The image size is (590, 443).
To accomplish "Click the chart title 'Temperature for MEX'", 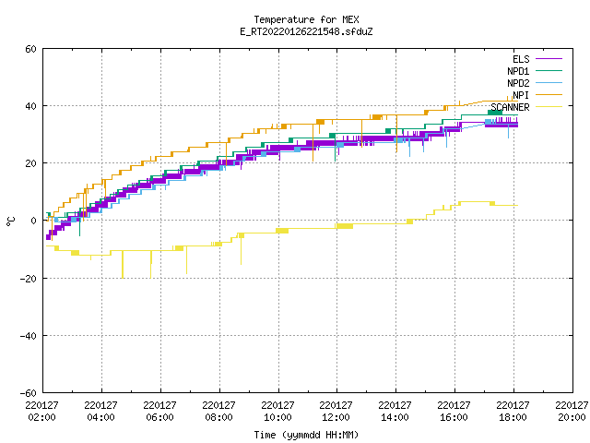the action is click(x=306, y=19).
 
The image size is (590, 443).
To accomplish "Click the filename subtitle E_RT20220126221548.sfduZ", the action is click(x=306, y=31).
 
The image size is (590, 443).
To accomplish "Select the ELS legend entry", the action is click(x=521, y=59).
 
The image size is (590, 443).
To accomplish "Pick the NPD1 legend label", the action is click(x=518, y=71).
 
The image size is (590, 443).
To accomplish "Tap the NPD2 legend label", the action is click(x=518, y=83).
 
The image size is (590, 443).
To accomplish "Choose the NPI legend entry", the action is click(x=521, y=95).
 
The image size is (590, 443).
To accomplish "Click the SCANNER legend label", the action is click(x=510, y=107).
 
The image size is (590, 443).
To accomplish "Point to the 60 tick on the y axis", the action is click(x=30, y=49).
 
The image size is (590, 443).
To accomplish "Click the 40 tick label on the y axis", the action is click(x=30, y=106).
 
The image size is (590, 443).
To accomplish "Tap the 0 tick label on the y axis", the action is click(x=34, y=221).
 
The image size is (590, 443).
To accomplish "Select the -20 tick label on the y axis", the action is click(x=29, y=279).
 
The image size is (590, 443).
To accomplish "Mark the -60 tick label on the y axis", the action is click(x=29, y=393).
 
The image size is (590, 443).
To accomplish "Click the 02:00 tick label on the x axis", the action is click(x=42, y=417).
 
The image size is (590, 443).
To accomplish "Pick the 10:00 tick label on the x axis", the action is click(x=277, y=417).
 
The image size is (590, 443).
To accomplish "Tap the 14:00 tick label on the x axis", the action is click(x=395, y=417).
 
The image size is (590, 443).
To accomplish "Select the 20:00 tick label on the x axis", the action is click(x=572, y=417).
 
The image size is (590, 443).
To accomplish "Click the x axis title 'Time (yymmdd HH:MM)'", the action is click(x=306, y=435).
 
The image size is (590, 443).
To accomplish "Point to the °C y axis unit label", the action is click(x=10, y=221).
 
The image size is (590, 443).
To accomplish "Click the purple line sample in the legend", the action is click(x=549, y=59).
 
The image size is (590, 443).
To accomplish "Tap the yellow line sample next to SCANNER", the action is click(x=549, y=107).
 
